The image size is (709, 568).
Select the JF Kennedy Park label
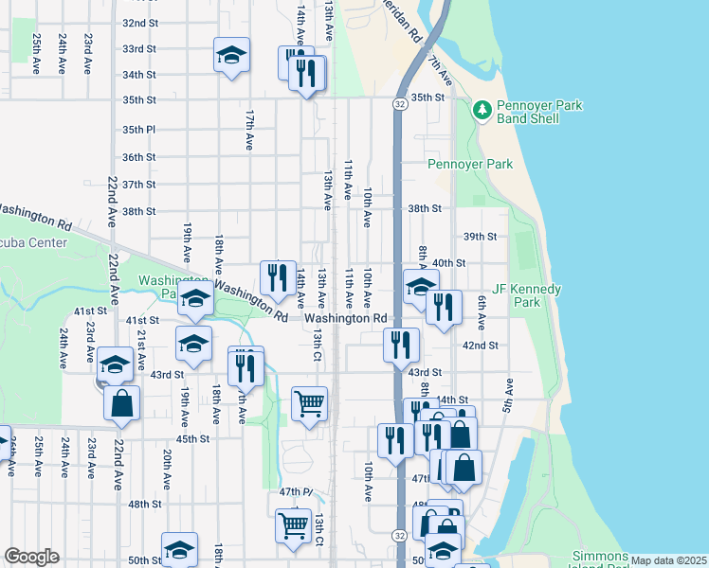tap(527, 295)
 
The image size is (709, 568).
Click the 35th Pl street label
tap(138, 130)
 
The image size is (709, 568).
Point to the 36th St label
tap(138, 157)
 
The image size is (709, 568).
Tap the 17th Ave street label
tap(249, 129)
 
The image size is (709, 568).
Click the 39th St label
tap(480, 237)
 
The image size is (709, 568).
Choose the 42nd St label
tap(480, 346)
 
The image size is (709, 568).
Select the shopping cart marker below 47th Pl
tap(293, 525)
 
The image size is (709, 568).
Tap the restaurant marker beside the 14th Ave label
tap(278, 277)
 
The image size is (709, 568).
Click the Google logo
tap(31, 557)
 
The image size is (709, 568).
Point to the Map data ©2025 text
tap(667, 560)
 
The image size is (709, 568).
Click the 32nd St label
tap(139, 23)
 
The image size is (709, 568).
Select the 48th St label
tap(145, 504)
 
